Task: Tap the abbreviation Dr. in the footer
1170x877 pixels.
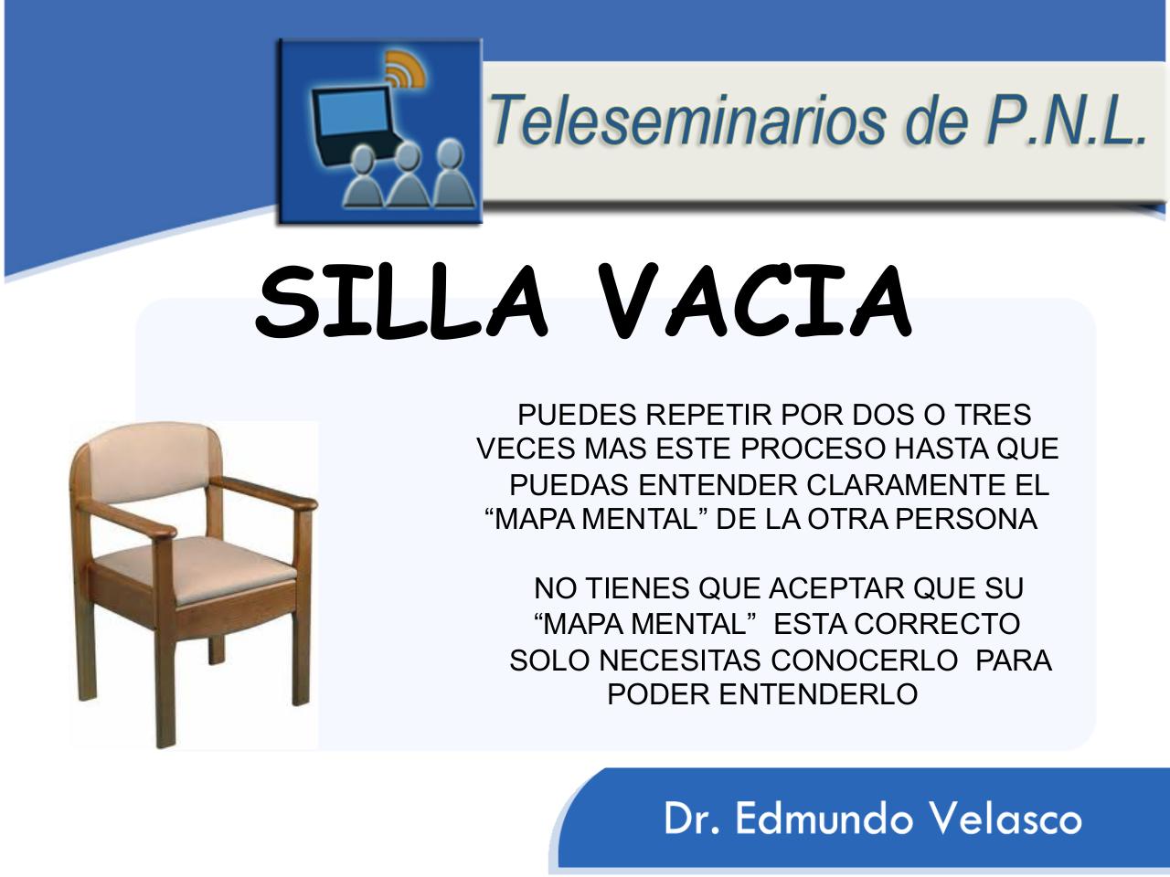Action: [x=691, y=819]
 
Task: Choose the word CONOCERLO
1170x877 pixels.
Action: [x=864, y=660]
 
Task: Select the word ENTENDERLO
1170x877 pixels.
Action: [x=819, y=694]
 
